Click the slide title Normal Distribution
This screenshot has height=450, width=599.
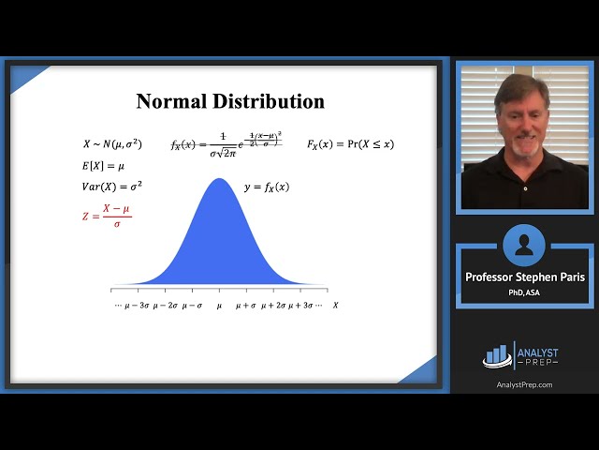point(230,101)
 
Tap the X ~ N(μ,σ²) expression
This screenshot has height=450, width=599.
point(112,144)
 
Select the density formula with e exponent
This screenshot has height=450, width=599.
point(226,143)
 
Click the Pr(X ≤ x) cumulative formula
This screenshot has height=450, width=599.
point(350,144)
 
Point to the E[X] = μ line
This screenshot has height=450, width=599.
point(103,166)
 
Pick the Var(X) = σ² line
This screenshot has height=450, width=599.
point(111,186)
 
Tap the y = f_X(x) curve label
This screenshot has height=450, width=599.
point(267,187)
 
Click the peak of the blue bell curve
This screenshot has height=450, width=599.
point(218,180)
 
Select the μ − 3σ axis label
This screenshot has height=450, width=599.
point(137,306)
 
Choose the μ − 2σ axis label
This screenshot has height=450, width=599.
point(166,306)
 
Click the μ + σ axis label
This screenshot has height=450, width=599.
point(246,306)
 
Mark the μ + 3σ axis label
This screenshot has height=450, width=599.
point(300,306)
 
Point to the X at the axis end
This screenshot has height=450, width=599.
point(335,306)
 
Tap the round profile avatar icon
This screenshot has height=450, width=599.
point(523,246)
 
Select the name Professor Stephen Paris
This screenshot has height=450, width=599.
point(524,277)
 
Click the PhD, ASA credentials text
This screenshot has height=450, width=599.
point(524,292)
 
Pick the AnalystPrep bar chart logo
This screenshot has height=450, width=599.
point(498,354)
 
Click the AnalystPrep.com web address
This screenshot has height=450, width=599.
point(523,384)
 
